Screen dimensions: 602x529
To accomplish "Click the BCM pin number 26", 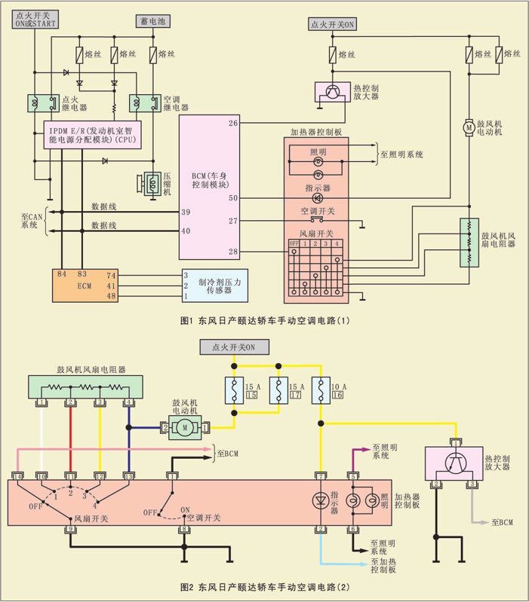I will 233,123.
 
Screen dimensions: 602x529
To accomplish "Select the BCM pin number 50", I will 233,198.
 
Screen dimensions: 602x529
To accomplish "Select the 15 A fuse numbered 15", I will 234,393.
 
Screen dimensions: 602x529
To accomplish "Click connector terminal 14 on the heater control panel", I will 17,476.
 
